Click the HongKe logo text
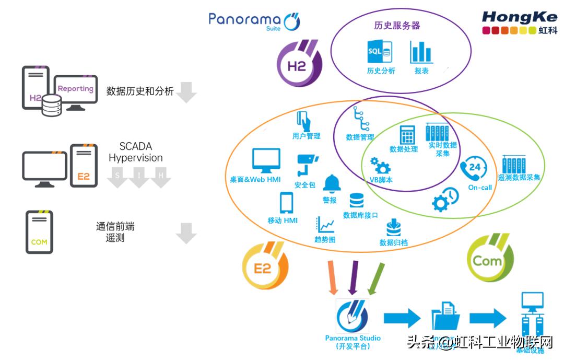(519, 17)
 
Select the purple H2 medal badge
(299, 63)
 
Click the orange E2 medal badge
(266, 266)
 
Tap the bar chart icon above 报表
(421, 52)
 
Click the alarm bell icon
(332, 183)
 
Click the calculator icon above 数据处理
(407, 135)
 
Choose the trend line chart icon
(325, 224)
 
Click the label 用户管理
(306, 136)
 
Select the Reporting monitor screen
(75, 90)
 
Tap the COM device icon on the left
(39, 232)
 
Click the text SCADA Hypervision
(135, 152)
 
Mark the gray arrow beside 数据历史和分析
(186, 91)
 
